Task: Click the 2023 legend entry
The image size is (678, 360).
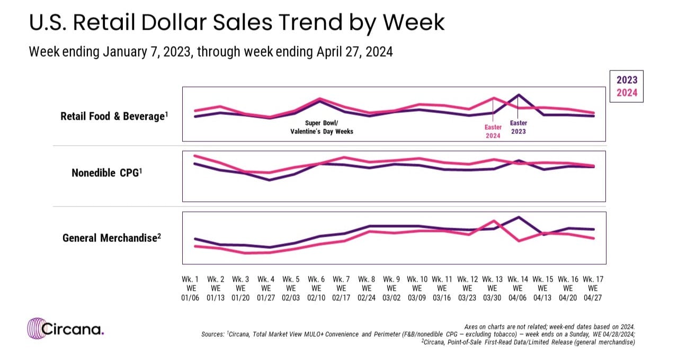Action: coord(627,80)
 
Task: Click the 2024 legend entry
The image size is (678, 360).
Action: coord(627,92)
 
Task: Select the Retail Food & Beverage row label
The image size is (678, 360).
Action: coord(114,116)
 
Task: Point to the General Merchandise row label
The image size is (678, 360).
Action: coord(112,238)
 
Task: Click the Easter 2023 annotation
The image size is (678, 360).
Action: coord(518,127)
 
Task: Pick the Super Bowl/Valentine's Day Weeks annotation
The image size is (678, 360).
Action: coord(322,127)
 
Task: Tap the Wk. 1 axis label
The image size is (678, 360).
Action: coord(190,288)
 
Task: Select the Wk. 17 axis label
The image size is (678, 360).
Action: coord(593,288)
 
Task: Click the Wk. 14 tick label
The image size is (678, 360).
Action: coord(518,288)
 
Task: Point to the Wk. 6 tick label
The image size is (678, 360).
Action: coord(316,288)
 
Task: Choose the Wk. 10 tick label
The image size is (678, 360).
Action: coord(417,288)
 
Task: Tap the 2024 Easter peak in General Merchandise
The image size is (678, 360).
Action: coord(494,221)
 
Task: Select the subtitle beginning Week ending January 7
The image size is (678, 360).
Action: coord(211,52)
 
